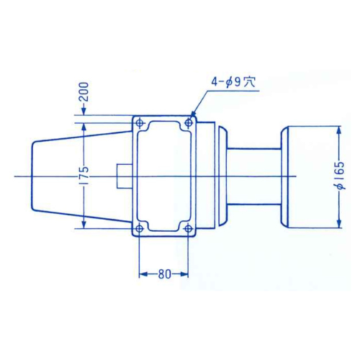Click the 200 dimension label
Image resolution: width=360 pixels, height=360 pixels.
coord(84,92)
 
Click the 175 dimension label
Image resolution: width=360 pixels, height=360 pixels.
coord(84,175)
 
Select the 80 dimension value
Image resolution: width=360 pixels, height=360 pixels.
coord(164,274)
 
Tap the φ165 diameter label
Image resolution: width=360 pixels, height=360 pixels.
coord(340,176)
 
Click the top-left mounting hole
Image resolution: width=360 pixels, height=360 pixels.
coord(140,123)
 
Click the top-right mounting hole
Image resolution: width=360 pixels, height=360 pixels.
coord(189,123)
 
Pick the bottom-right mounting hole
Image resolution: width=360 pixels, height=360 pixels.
coord(188,228)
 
